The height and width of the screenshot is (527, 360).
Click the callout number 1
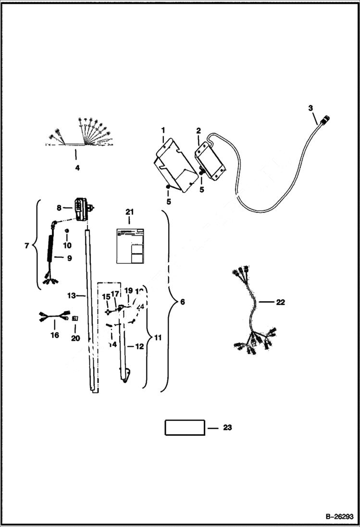click(x=163, y=130)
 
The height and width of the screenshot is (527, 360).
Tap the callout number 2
click(x=199, y=130)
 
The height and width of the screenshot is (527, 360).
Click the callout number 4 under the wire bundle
click(x=77, y=168)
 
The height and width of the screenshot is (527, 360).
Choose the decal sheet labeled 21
click(x=131, y=245)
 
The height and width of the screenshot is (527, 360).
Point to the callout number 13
click(x=71, y=296)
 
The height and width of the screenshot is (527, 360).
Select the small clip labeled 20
click(x=74, y=318)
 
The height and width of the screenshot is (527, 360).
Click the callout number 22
click(x=281, y=302)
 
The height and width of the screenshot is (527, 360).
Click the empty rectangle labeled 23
click(x=185, y=427)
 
